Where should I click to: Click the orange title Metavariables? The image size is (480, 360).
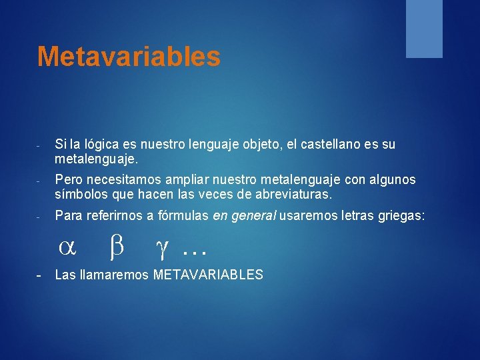tap(129, 56)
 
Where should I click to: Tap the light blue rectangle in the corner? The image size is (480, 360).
tap(424, 29)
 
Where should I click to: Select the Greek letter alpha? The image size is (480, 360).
tap(67, 247)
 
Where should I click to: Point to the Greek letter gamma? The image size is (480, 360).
tap(162, 249)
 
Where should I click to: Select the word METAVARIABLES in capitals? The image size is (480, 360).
tap(208, 275)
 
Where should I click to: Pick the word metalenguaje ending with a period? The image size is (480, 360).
tap(97, 159)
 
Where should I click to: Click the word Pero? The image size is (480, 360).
tap(69, 179)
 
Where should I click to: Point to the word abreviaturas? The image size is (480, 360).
tap(294, 195)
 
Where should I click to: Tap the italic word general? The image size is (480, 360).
tap(254, 216)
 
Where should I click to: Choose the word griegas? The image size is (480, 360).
tap(401, 216)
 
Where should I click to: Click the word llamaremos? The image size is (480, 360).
tap(114, 275)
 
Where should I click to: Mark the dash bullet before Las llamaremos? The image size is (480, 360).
tap(39, 275)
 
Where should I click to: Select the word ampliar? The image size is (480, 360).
tap(187, 180)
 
